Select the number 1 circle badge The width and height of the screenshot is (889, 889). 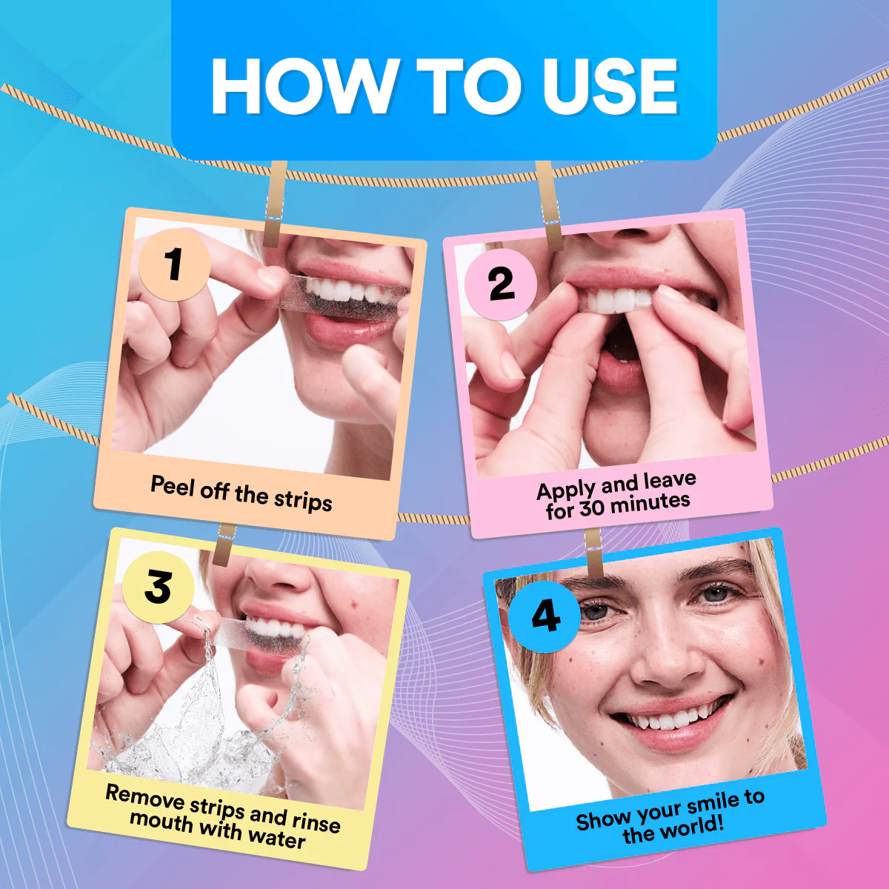(x=174, y=264)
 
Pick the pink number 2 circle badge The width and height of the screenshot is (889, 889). (x=501, y=284)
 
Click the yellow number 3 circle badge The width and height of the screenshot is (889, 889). (x=158, y=587)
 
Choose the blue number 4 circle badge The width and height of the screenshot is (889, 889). (x=545, y=616)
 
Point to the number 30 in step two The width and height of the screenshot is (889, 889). (x=592, y=507)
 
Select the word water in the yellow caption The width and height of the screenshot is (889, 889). (x=276, y=837)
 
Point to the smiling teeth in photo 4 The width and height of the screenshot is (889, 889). (x=670, y=718)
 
